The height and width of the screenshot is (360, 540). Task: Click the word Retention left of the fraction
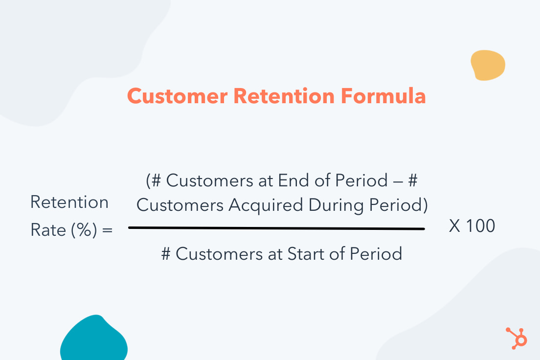(69, 202)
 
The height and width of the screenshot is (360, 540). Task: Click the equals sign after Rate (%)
(108, 230)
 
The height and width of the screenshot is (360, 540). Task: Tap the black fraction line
(276, 228)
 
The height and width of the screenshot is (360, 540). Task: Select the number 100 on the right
(480, 226)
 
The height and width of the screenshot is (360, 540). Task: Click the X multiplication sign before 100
(454, 226)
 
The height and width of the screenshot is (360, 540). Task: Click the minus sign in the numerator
(398, 181)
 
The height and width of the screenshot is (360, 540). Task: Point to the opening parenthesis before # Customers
(148, 181)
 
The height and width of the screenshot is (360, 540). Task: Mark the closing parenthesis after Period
(425, 206)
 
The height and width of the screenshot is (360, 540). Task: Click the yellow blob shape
(487, 65)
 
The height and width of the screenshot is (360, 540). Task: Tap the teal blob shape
(94, 340)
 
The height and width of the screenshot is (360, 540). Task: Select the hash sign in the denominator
(166, 254)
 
